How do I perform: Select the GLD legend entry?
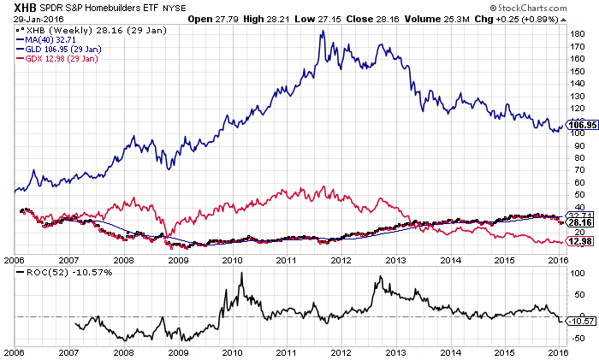pos(56,50)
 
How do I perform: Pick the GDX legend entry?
pos(56,59)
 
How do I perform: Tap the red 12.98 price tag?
pos(578,240)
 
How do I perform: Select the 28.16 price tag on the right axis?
pos(578,222)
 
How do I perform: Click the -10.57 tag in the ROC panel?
pos(578,322)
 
